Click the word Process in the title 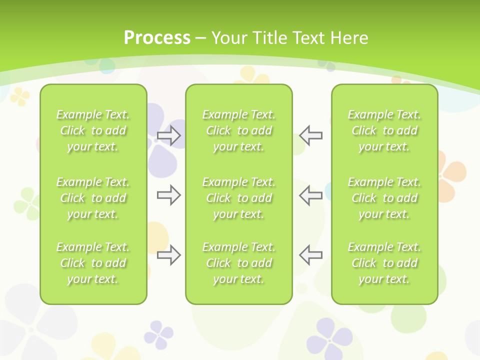click(x=157, y=38)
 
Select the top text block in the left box click(x=93, y=130)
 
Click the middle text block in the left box click(x=93, y=198)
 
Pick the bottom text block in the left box click(x=93, y=263)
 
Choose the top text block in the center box click(x=239, y=130)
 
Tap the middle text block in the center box click(x=239, y=198)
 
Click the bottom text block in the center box click(x=239, y=263)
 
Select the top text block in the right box click(x=384, y=130)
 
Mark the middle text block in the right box click(x=384, y=198)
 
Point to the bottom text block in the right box click(x=384, y=263)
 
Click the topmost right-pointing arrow click(x=168, y=135)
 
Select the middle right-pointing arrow click(x=168, y=195)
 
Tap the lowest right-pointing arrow click(x=168, y=255)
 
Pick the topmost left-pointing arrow click(x=310, y=135)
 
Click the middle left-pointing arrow click(x=310, y=195)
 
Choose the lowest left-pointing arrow click(x=310, y=255)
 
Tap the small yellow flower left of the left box click(x=20, y=96)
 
